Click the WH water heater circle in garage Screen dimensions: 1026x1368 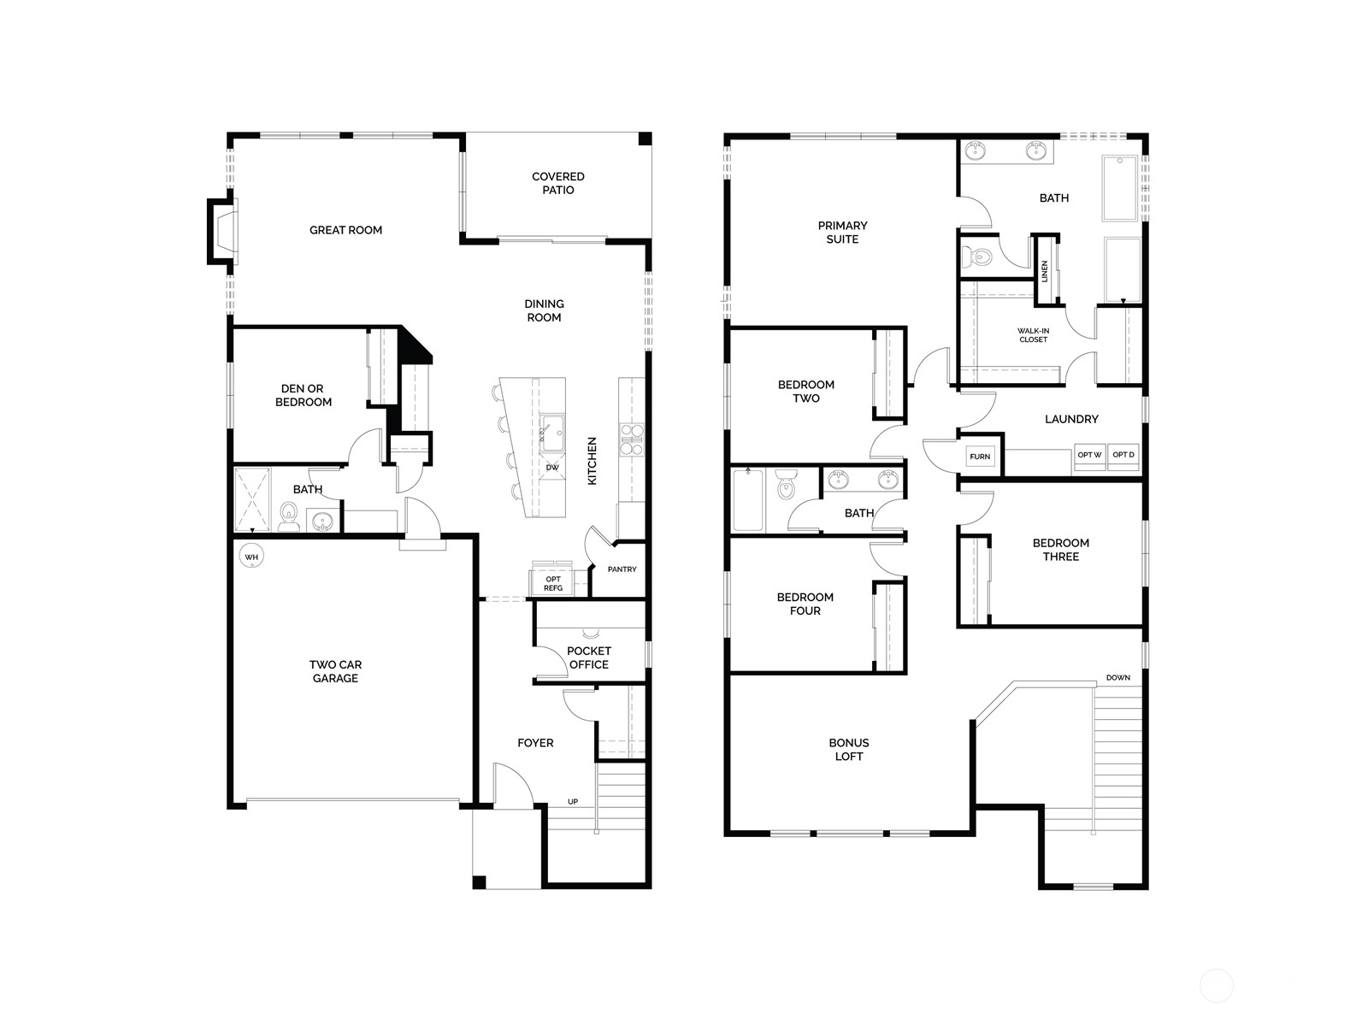251,557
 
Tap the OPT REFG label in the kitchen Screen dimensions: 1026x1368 553,584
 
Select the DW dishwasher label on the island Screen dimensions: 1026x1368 552,468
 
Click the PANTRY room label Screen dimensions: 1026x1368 622,569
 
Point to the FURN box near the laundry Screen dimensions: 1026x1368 980,457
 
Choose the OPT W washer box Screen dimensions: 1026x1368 1089,455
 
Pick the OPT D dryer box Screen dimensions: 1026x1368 1123,455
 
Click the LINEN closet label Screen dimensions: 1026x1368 1045,271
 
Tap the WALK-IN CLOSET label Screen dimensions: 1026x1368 1033,335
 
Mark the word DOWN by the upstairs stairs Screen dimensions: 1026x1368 1117,678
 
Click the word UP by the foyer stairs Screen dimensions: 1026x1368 573,802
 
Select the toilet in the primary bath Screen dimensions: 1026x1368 977,256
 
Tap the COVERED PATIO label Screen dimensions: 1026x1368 558,183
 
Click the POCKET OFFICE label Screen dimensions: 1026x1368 588,657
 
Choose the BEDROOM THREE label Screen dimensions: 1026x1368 1060,550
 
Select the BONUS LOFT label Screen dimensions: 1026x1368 848,750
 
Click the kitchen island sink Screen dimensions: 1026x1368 552,430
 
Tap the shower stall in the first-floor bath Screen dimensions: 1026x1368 252,500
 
